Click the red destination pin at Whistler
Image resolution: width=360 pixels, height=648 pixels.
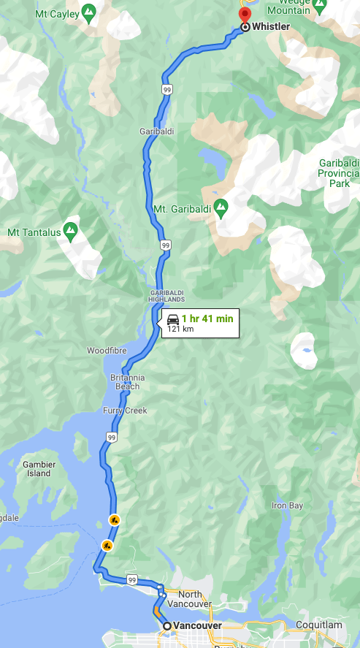point(245,15)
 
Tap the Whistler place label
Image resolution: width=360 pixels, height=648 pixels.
point(271,27)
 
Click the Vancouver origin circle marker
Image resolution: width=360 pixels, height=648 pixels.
point(167,626)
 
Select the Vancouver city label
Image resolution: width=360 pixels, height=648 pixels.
point(197,626)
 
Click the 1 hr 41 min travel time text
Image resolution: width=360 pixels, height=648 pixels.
point(207,319)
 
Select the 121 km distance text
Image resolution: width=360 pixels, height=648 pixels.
point(180,329)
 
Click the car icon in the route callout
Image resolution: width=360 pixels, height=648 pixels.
point(173,319)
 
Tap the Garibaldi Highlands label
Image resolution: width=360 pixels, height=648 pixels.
point(166,296)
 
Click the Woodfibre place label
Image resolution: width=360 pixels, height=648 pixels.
point(107,351)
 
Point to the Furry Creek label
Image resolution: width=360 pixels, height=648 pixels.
point(125,411)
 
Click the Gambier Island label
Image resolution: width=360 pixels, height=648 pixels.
point(37,468)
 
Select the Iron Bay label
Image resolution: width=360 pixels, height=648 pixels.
point(287,506)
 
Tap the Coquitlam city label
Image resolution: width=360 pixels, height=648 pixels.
point(319,625)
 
